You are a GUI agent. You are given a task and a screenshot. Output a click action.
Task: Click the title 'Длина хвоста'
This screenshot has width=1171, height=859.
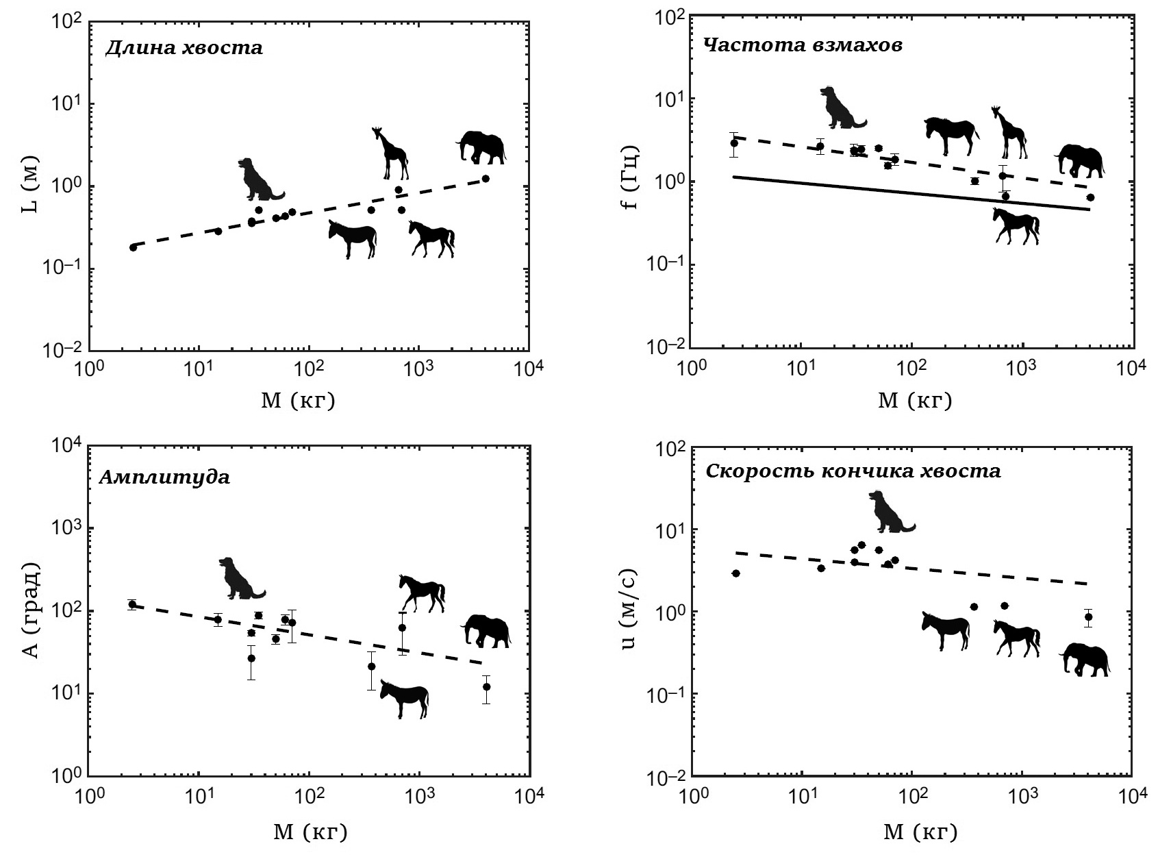[184, 48]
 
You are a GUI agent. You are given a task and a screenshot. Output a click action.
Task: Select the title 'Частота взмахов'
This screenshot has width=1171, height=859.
[803, 45]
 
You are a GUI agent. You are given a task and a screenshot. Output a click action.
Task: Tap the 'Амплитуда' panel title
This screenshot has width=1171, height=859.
[164, 477]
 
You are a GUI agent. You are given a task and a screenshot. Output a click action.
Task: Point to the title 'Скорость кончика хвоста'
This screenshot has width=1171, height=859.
[853, 471]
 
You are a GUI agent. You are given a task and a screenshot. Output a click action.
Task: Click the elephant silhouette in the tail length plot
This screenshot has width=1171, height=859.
[481, 147]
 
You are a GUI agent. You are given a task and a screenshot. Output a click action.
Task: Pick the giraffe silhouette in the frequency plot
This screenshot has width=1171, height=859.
[1009, 133]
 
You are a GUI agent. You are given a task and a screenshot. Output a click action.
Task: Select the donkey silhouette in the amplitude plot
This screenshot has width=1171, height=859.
[405, 698]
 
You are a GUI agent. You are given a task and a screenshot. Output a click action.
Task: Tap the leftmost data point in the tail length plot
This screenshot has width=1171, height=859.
[134, 247]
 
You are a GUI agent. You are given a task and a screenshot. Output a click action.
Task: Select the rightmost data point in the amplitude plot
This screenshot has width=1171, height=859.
[486, 686]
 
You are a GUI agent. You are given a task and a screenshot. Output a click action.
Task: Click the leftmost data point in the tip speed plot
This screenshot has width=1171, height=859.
[736, 573]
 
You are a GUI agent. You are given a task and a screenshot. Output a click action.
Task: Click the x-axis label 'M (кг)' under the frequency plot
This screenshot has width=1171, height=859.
[916, 400]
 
